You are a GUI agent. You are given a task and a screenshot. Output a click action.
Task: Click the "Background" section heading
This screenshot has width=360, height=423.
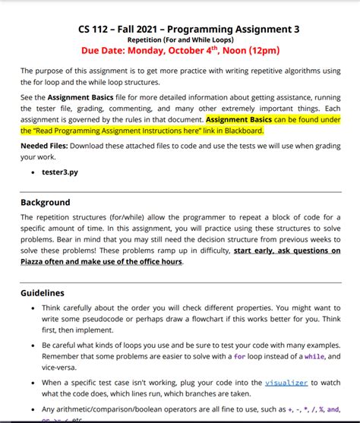click(46, 203)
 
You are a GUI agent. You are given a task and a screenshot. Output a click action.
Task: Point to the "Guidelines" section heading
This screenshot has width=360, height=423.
click(43, 292)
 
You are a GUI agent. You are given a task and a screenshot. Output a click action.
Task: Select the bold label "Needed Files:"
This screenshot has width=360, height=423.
click(46, 146)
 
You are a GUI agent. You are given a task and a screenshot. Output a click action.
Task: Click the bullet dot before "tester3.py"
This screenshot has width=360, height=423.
click(33, 172)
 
